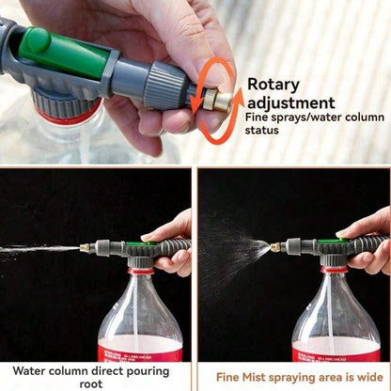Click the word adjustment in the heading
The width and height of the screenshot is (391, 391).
(x=290, y=102)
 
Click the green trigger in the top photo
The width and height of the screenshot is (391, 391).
(x=66, y=54)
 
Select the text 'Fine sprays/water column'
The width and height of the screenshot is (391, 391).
(x=314, y=117)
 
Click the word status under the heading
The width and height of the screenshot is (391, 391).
(x=264, y=130)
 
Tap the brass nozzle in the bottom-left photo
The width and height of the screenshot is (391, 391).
(x=86, y=248)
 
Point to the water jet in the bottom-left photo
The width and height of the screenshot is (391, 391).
(x=38, y=249)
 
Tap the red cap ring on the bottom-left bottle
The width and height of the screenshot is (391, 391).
(x=141, y=271)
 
